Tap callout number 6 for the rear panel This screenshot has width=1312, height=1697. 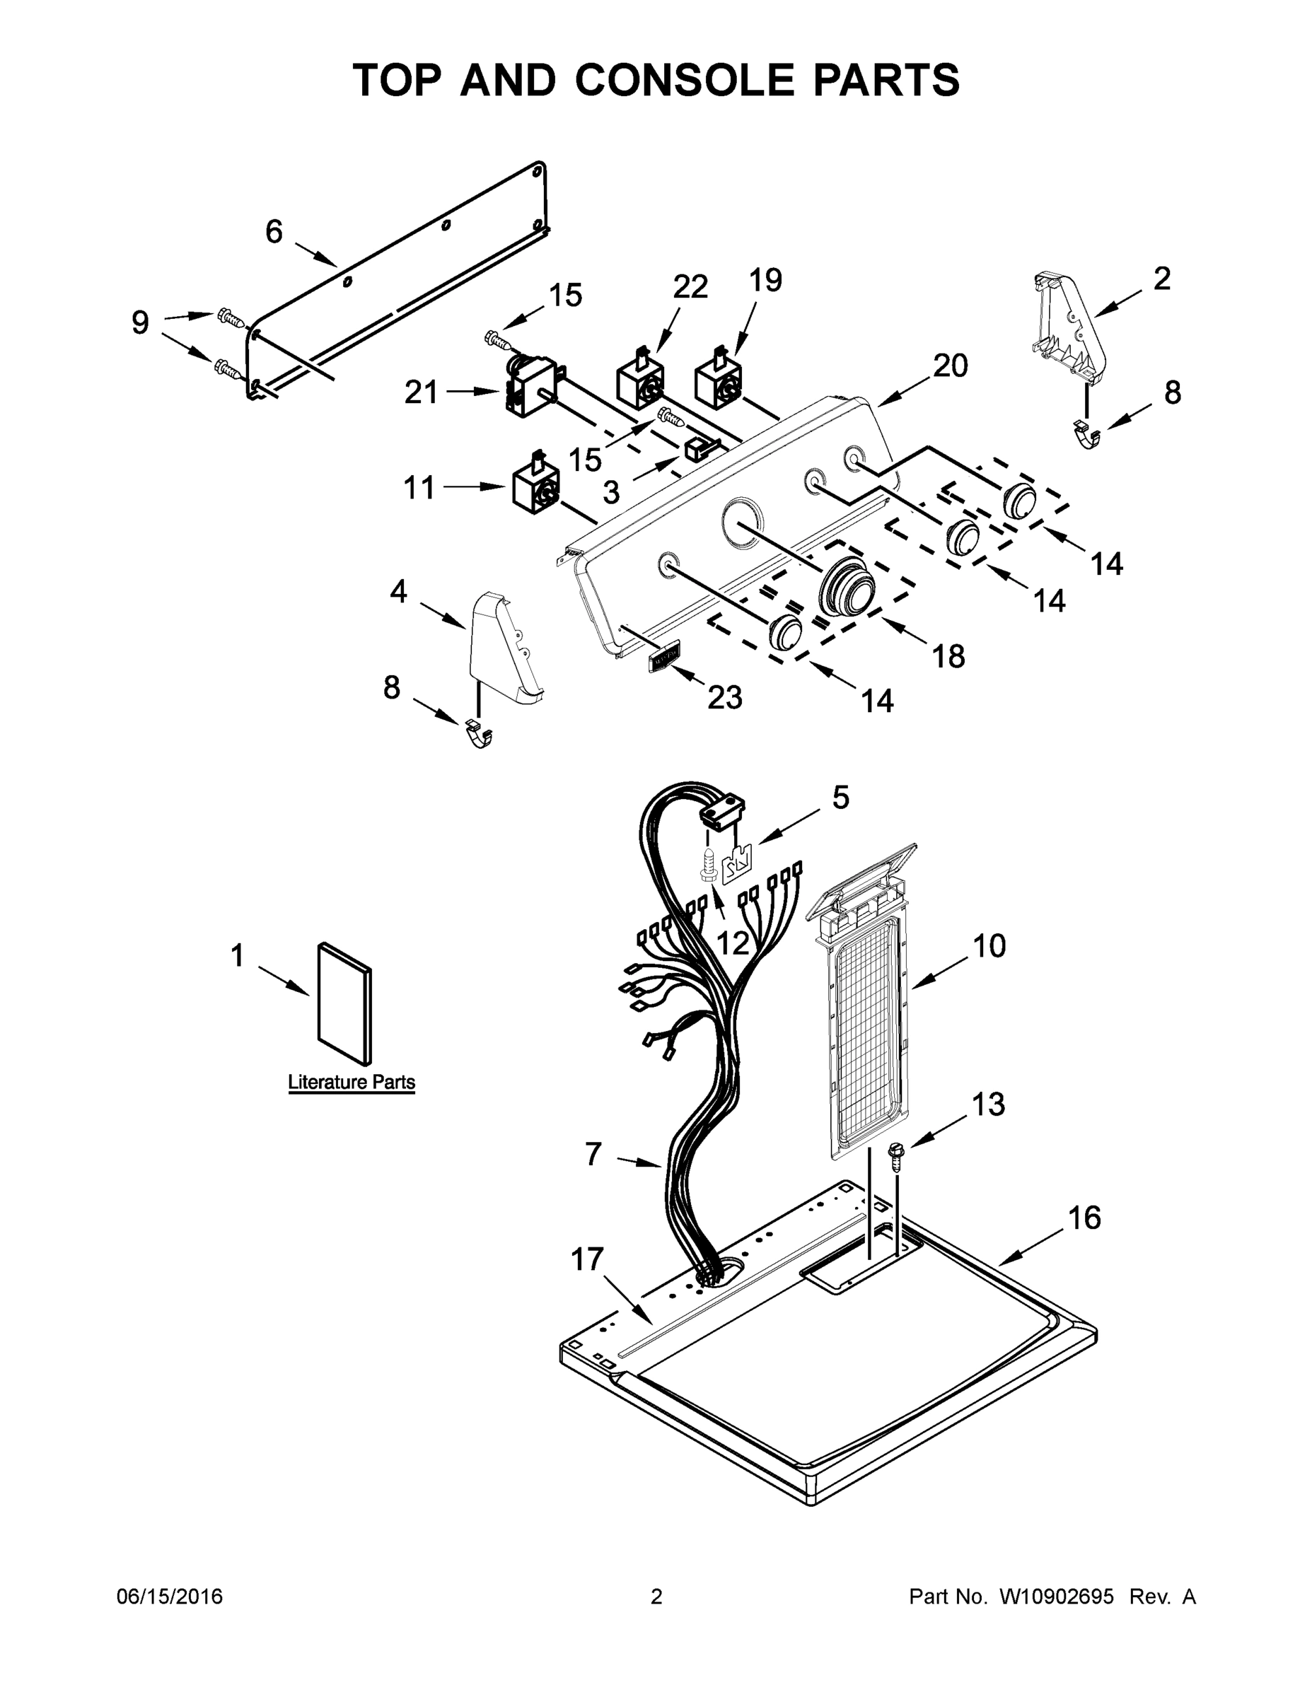(x=274, y=231)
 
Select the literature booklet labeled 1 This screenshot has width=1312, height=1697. (x=344, y=1003)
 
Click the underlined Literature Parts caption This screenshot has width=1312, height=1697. (x=352, y=1083)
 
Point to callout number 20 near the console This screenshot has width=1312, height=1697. (x=950, y=365)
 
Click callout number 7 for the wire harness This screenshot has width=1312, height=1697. (x=593, y=1154)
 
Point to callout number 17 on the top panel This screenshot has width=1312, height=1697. (x=587, y=1259)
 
